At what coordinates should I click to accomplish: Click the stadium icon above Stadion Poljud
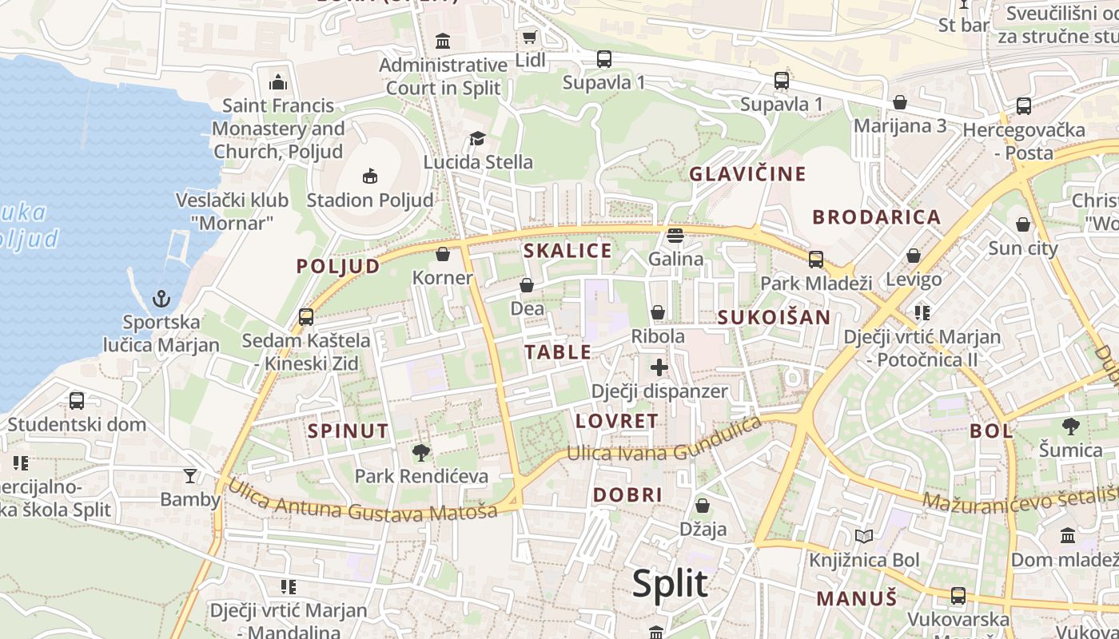369,176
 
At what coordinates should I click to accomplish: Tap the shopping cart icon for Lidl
529,37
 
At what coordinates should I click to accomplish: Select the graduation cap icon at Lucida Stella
477,139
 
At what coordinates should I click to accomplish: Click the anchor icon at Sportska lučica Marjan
161,299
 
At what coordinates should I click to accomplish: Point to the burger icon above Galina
675,235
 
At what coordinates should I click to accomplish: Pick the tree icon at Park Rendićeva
420,453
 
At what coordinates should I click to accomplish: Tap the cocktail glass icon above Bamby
189,476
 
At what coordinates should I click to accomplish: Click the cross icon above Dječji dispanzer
659,367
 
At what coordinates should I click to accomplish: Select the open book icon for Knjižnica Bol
864,536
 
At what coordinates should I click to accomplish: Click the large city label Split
670,584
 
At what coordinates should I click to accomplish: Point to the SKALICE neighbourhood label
567,251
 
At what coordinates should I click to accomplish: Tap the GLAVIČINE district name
748,173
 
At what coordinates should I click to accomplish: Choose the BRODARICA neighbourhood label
877,216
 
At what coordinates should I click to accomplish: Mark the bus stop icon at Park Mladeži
816,260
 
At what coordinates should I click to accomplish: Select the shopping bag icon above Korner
443,254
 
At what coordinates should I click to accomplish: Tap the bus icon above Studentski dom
77,400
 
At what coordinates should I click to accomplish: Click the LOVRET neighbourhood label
617,421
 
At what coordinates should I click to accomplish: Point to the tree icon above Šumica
1071,427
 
